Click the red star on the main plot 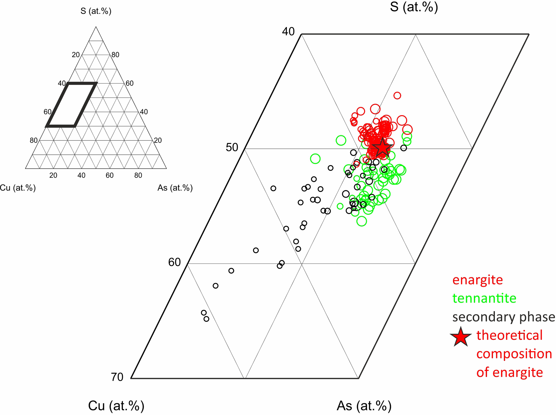click(x=382, y=148)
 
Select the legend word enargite click(x=477, y=280)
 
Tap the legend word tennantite click(x=484, y=298)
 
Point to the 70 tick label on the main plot click(x=117, y=377)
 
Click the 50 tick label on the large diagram click(x=232, y=147)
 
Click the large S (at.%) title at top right click(x=414, y=7)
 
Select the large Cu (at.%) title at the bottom click(x=116, y=406)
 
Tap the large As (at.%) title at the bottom click(x=364, y=406)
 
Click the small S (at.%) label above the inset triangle click(x=96, y=11)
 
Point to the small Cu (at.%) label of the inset click(x=18, y=188)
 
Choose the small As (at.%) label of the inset click(x=175, y=188)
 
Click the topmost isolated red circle click(x=397, y=96)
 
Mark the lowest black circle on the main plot click(x=206, y=319)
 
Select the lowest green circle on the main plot click(x=362, y=221)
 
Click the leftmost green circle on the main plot click(x=315, y=159)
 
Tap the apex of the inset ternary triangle click(x=96, y=27)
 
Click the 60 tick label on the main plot click(x=174, y=262)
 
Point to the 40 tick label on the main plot click(x=288, y=32)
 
